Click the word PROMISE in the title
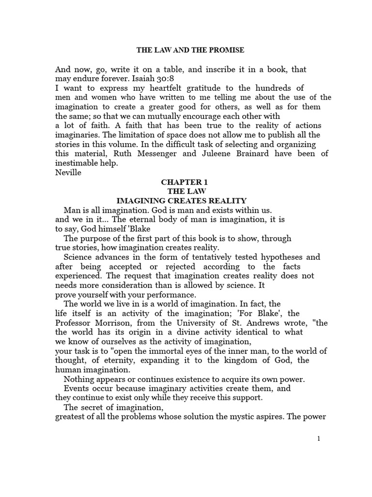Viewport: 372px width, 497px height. coord(226,50)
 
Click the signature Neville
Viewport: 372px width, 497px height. coord(68,172)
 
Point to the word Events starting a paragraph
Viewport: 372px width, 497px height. coord(78,388)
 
